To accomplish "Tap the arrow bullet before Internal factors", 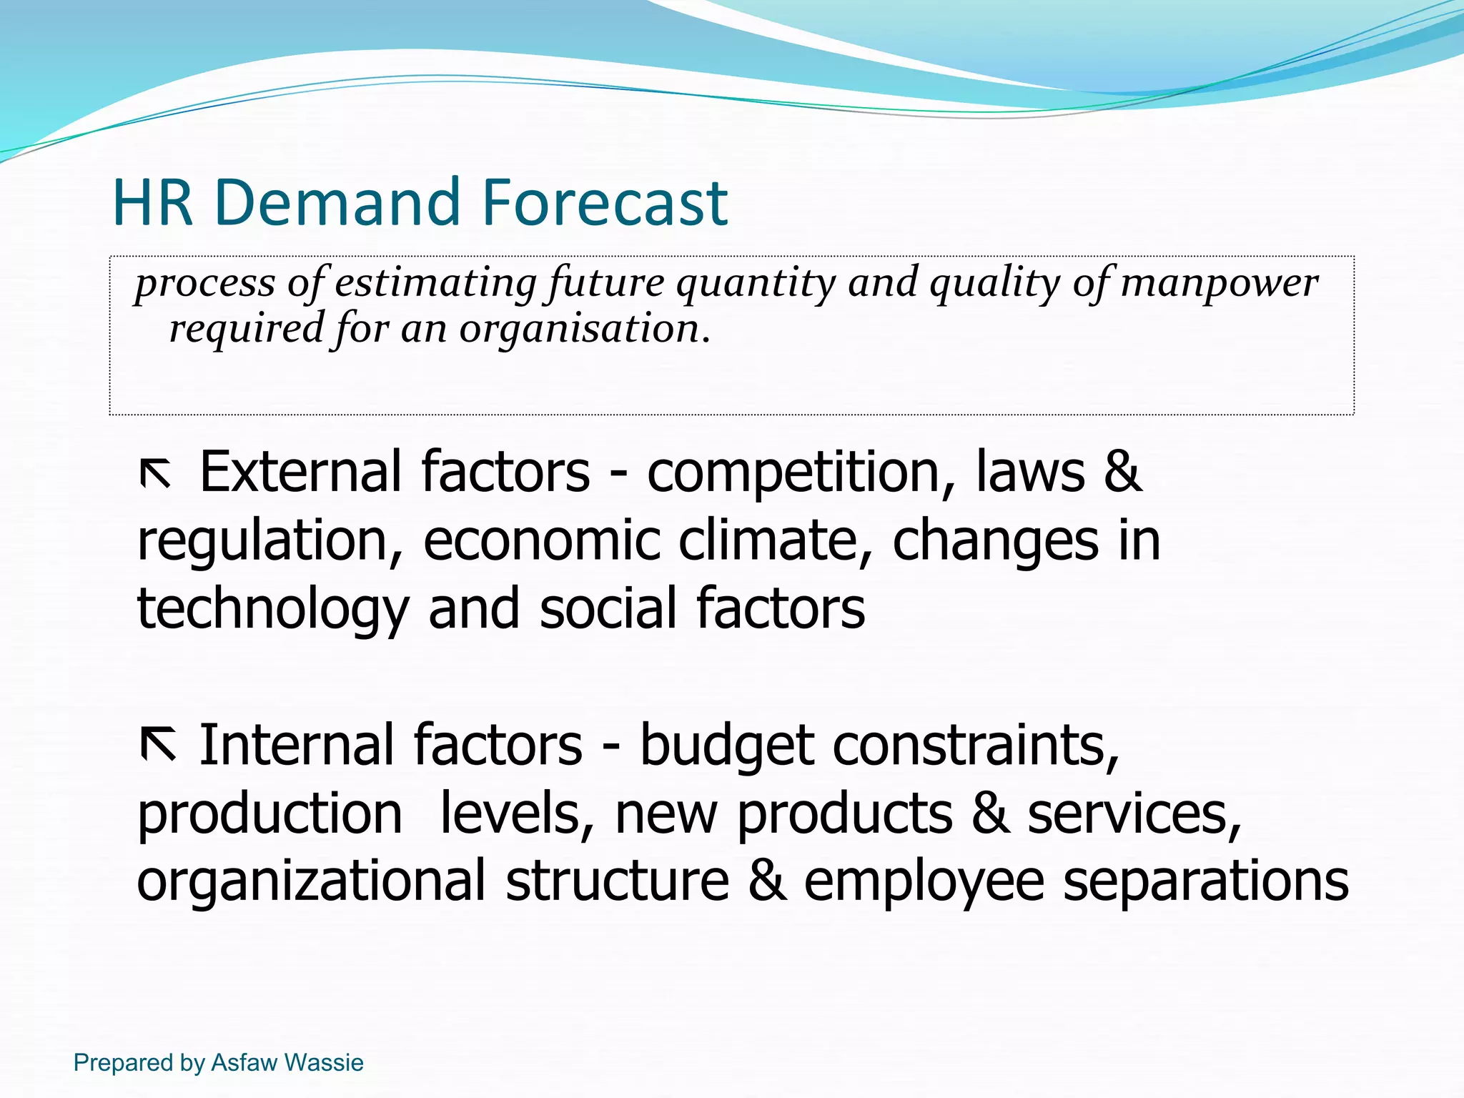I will (x=158, y=745).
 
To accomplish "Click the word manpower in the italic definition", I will (x=1220, y=283).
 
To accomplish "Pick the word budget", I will (x=726, y=746).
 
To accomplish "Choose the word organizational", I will (x=311, y=882).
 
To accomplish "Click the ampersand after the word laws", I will (x=1122, y=473).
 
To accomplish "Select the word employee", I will (x=924, y=882).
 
